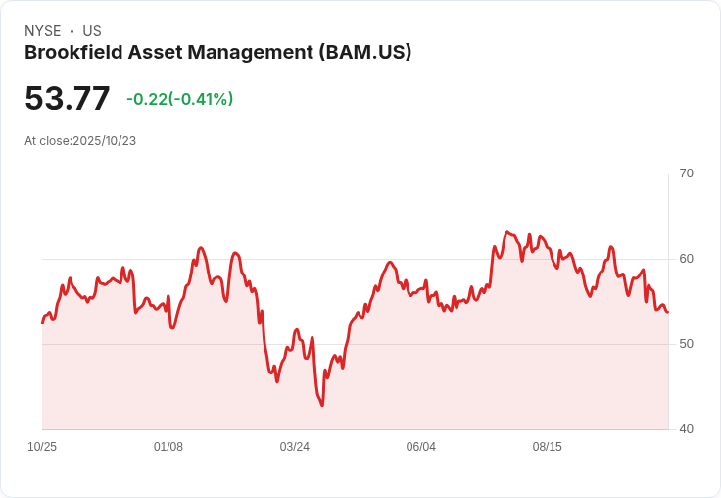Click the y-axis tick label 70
(x=686, y=174)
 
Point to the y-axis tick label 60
(x=686, y=259)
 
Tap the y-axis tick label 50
(x=686, y=344)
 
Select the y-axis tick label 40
(x=686, y=429)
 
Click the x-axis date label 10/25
(x=42, y=447)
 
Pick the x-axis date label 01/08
(x=168, y=447)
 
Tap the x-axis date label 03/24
(x=295, y=447)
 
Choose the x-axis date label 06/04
(x=421, y=447)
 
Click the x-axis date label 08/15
(x=548, y=447)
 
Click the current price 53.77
(x=68, y=99)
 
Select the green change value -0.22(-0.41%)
(x=179, y=99)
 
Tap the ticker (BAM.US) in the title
(x=365, y=53)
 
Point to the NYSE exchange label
(x=43, y=31)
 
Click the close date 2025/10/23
(x=104, y=141)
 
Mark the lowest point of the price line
(x=322, y=405)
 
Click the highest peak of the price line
(x=506, y=232)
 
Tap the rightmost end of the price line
(x=668, y=312)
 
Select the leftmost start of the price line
(x=42, y=323)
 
